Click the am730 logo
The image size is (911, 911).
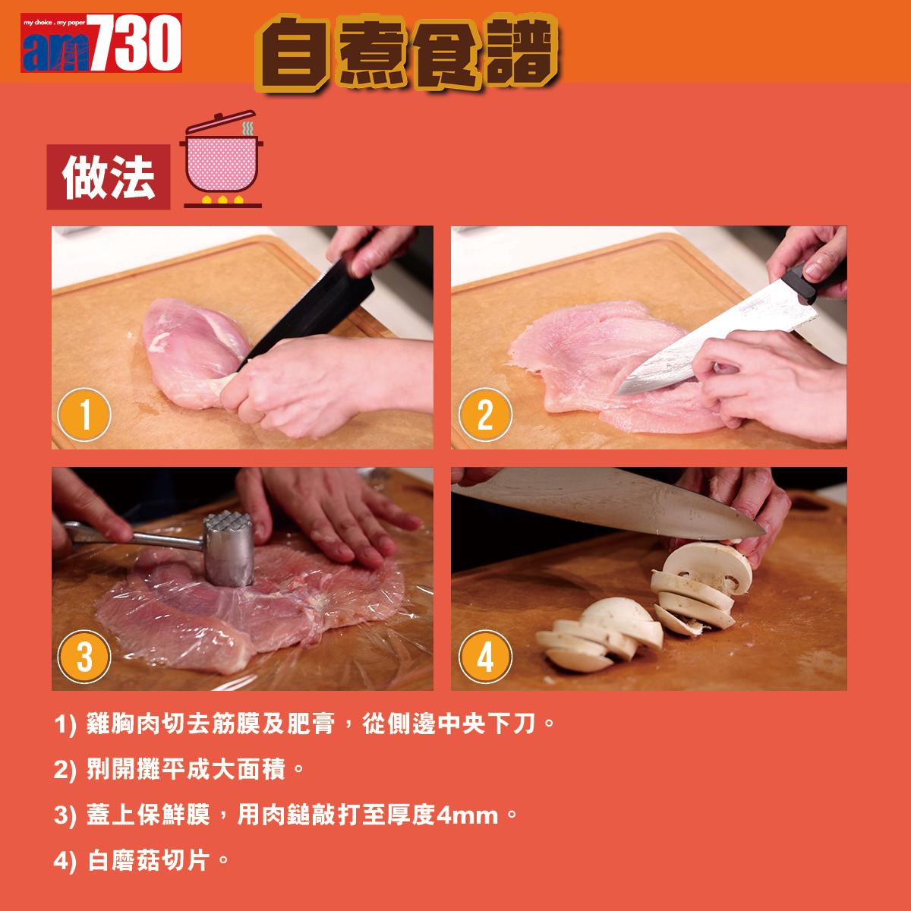pyautogui.click(x=101, y=43)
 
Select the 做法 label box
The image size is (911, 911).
pyautogui.click(x=109, y=177)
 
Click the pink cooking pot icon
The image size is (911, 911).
pyautogui.click(x=221, y=159)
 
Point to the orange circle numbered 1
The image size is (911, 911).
pyautogui.click(x=84, y=415)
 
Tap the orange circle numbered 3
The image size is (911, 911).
pyautogui.click(x=84, y=656)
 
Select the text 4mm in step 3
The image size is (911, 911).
pyautogui.click(x=468, y=815)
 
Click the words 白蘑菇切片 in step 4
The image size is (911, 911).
pyautogui.click(x=149, y=860)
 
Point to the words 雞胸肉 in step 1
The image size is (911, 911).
pyautogui.click(x=124, y=723)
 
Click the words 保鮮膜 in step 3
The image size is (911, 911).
pyautogui.click(x=172, y=815)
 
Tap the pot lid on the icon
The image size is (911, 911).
pyautogui.click(x=220, y=122)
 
